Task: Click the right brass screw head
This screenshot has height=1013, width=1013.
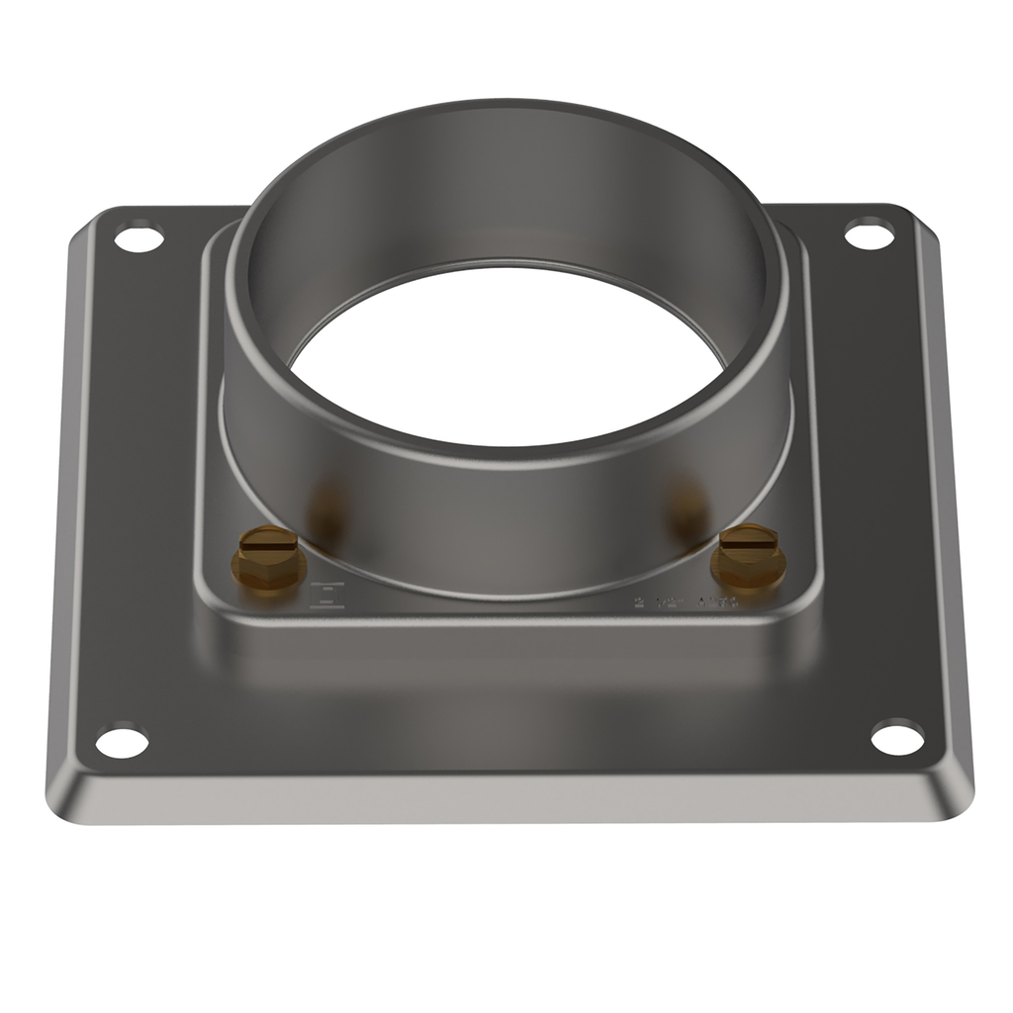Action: click(749, 541)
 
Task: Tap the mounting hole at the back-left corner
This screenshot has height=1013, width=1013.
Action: click(138, 238)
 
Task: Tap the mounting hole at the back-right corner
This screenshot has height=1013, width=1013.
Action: click(870, 235)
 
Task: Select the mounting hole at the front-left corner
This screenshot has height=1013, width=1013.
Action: click(123, 742)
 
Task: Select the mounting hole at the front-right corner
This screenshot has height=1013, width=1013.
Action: click(897, 737)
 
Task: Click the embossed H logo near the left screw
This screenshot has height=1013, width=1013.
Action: click(327, 595)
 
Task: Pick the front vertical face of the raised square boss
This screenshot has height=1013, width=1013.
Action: click(506, 643)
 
